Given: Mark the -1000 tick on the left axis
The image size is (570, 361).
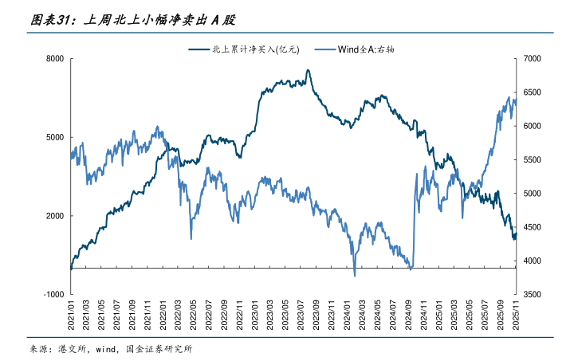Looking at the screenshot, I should [53, 294].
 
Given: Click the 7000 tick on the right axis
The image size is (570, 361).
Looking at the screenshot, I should [533, 59].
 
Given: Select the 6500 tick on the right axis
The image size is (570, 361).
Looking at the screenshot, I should [533, 92].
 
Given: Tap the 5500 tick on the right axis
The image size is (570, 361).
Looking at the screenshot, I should [533, 160].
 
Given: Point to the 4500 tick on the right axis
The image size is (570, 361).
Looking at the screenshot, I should [533, 227].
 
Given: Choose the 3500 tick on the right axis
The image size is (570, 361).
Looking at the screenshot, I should [533, 294].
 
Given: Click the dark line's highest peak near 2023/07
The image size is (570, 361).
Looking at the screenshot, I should [308, 70].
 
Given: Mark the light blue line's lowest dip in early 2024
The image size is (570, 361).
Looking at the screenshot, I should [355, 275].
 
